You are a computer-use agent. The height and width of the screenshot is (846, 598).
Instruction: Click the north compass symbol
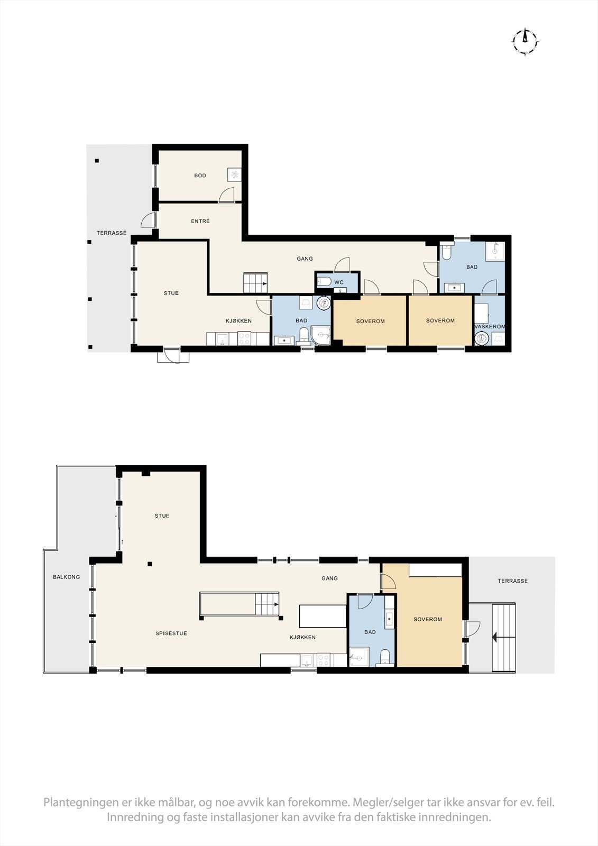pos(525,40)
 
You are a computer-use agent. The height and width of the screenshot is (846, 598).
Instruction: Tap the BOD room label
pos(200,176)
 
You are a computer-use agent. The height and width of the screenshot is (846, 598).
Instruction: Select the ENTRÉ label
pos(200,221)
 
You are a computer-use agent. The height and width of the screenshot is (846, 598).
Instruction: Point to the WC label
pos(339,282)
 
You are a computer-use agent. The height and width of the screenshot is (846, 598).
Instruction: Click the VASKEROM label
pos(490,327)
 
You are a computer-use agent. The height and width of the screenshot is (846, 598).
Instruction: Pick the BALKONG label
pos(67,577)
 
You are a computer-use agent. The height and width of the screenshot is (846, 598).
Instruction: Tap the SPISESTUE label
pos(171,633)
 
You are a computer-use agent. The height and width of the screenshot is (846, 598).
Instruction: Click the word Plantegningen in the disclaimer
pos(82,803)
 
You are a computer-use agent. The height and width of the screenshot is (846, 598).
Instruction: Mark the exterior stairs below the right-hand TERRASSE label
pos(503,638)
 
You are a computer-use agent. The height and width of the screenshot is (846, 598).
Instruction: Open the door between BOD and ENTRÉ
pos(227,195)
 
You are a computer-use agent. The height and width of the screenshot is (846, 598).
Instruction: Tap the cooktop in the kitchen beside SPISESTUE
pos(324,660)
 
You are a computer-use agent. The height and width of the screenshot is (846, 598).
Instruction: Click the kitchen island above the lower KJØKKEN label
pos(323,616)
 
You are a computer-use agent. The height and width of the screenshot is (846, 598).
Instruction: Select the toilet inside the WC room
pos(324,281)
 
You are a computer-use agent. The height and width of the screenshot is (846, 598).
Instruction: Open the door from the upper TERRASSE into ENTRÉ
pos(149,220)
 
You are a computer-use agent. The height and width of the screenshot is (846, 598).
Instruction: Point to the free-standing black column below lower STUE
pos(150,564)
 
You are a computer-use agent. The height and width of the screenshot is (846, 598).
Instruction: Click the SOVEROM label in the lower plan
pos(428,619)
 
